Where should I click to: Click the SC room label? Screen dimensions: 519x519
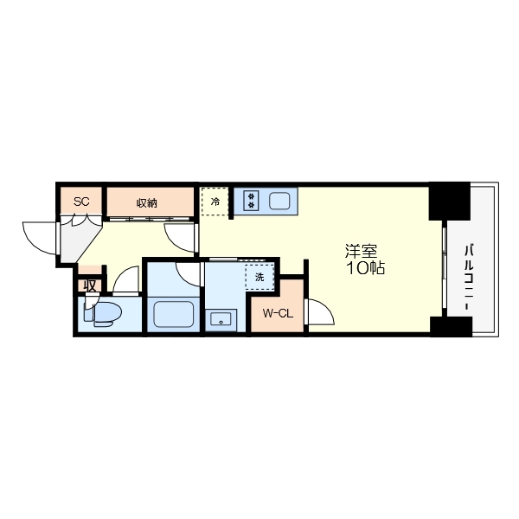pyautogui.click(x=81, y=202)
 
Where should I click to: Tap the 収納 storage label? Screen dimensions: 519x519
pyautogui.click(x=147, y=203)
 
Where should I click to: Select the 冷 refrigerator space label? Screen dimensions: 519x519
pyautogui.click(x=215, y=202)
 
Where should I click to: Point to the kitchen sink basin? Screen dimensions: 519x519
pyautogui.click(x=279, y=201)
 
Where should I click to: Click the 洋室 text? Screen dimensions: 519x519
pyautogui.click(x=361, y=251)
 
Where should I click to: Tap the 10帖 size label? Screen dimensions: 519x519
pyautogui.click(x=365, y=267)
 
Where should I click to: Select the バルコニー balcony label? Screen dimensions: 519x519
pyautogui.click(x=468, y=278)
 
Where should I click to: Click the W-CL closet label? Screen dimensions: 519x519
pyautogui.click(x=278, y=313)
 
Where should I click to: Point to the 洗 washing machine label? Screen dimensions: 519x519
pyautogui.click(x=259, y=277)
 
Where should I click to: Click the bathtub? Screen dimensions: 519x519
pyautogui.click(x=174, y=314)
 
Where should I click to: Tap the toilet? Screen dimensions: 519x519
pyautogui.click(x=103, y=313)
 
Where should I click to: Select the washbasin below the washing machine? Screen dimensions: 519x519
pyautogui.click(x=221, y=320)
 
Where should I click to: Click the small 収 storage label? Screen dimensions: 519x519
pyautogui.click(x=90, y=285)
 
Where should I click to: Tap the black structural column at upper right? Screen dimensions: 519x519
pyautogui.click(x=450, y=202)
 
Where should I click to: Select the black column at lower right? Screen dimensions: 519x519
pyautogui.click(x=452, y=327)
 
